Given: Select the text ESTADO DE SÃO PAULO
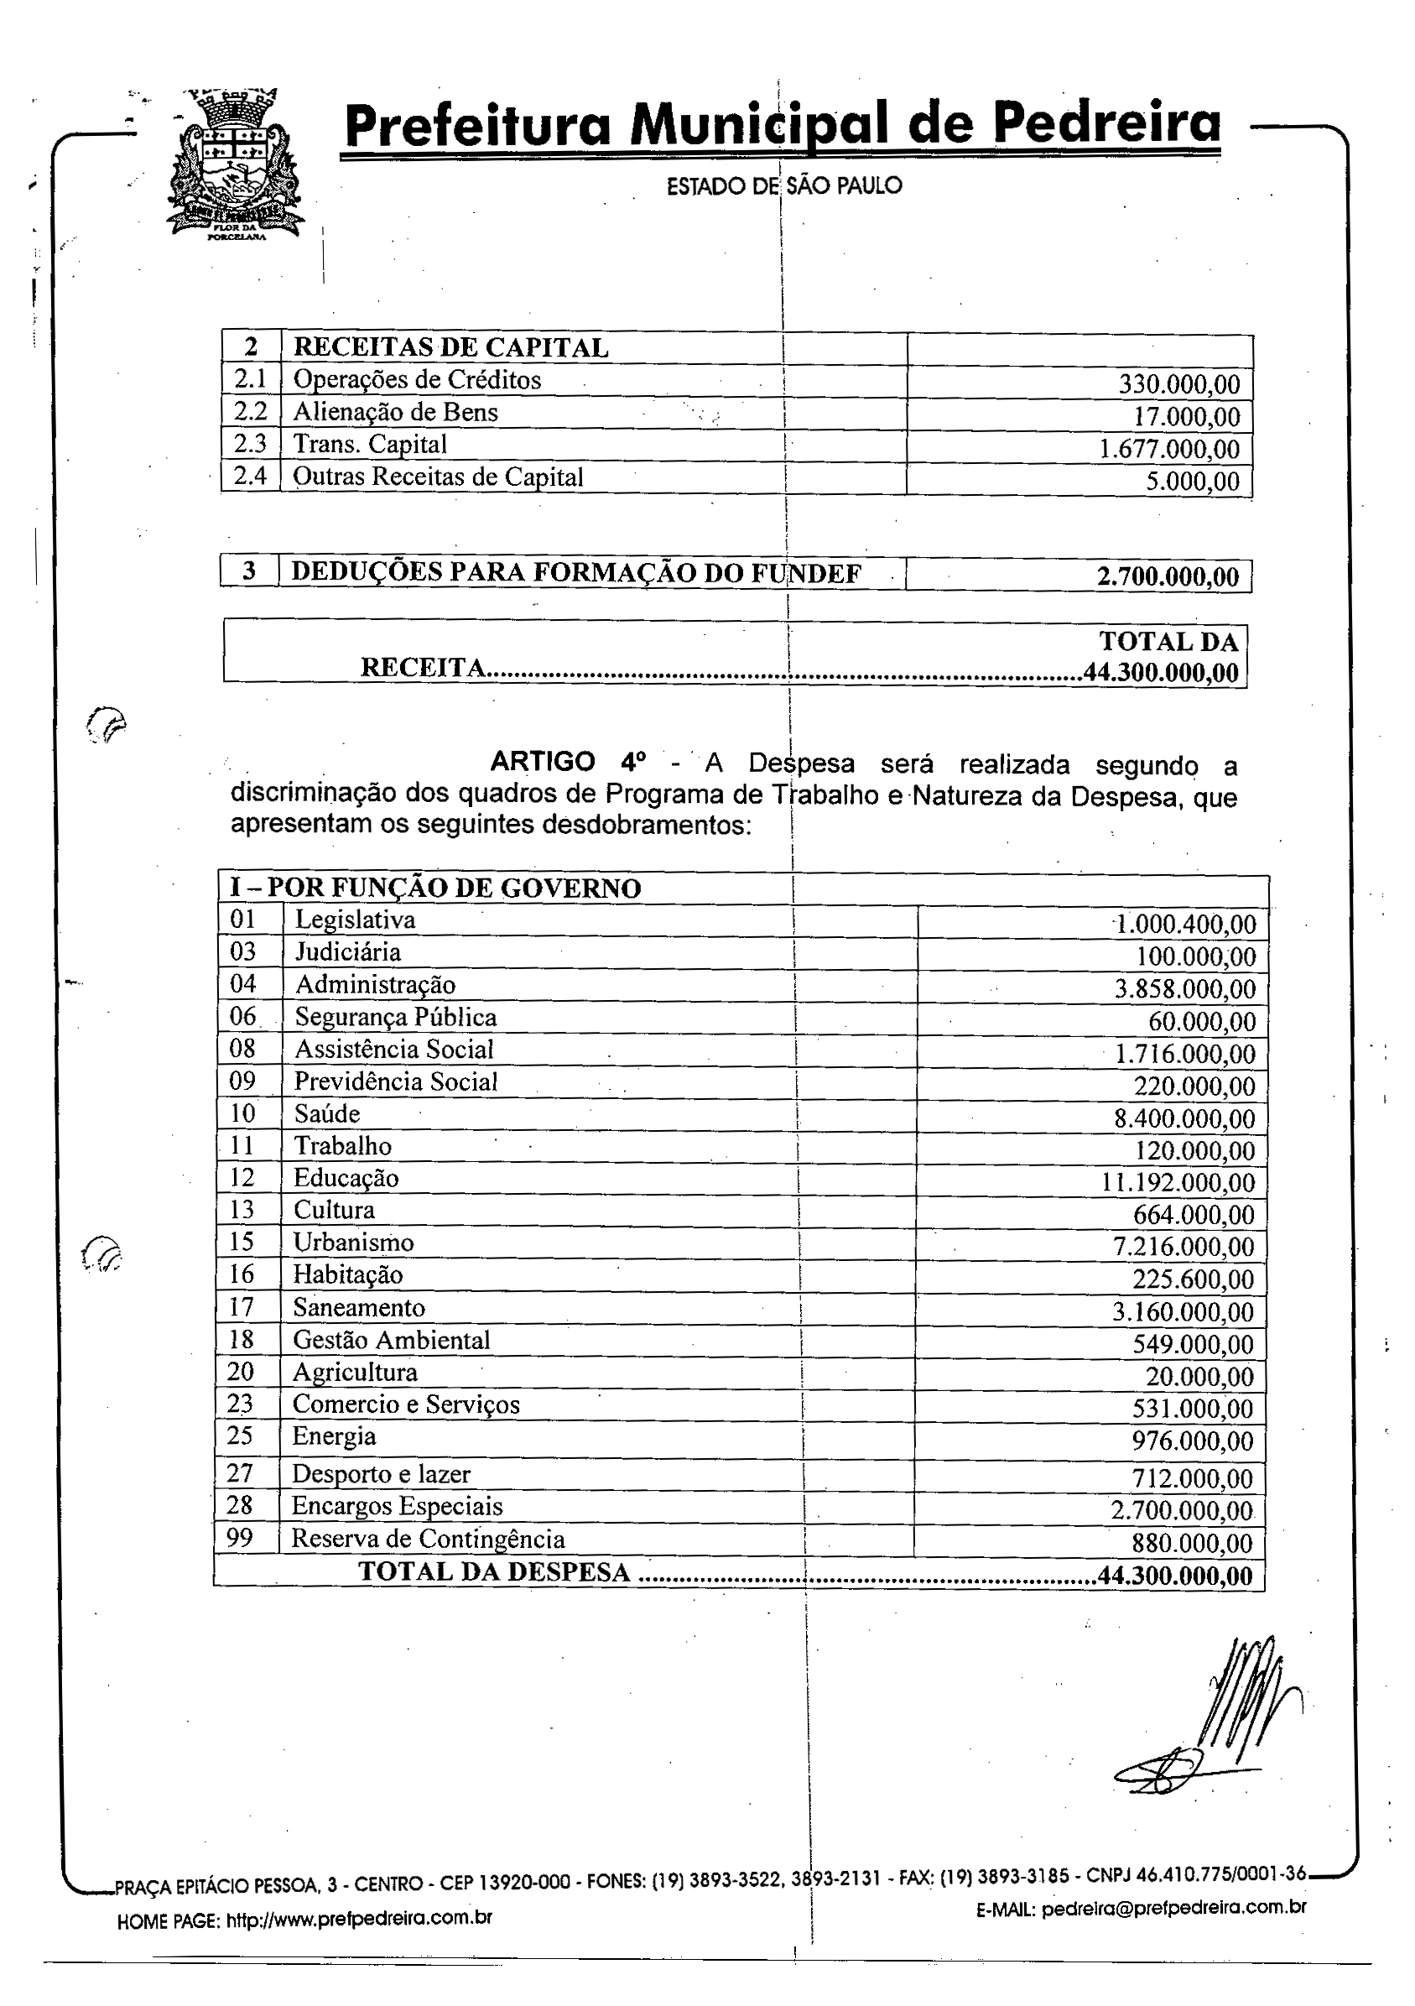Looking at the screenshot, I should [783, 186].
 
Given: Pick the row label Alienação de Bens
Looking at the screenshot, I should [395, 413].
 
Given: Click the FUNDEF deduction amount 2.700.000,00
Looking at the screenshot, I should [1168, 576].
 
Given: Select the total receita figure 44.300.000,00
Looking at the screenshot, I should [1161, 672].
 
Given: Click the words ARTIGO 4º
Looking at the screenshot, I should [569, 762].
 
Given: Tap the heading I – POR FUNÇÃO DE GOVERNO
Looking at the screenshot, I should [435, 888].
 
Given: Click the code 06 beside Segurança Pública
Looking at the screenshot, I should [242, 1016].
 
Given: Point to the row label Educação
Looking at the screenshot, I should [346, 1178].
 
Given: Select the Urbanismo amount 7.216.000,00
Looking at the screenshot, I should [1184, 1248].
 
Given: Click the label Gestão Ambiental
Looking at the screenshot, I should [392, 1340].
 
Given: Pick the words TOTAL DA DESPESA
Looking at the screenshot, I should [494, 1571].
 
